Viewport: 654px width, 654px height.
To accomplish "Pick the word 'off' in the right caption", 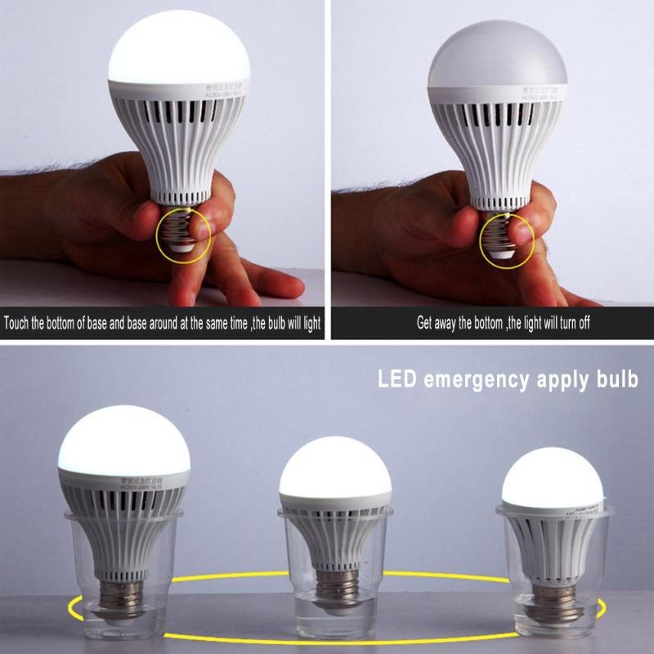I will point(581,323).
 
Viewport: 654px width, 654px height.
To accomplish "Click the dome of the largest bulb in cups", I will point(123,441).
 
